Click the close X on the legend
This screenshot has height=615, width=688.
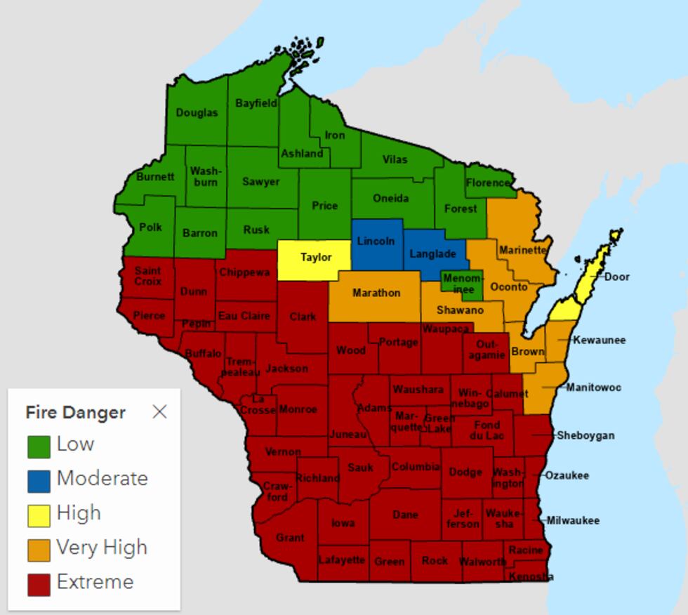[x=160, y=411]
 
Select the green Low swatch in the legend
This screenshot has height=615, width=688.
[x=39, y=446]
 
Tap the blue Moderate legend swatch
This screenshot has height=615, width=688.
[x=39, y=480]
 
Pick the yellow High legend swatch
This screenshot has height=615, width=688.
[x=39, y=515]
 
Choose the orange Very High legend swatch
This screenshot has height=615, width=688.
[x=39, y=549]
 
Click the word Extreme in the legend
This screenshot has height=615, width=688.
[x=95, y=582]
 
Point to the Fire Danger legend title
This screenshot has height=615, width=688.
[x=75, y=412]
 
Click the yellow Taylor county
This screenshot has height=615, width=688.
[x=315, y=258]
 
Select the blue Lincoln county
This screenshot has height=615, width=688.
[x=376, y=242]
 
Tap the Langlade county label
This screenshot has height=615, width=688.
[x=432, y=254]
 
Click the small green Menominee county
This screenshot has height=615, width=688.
[x=463, y=284]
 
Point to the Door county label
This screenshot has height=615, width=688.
[x=617, y=277]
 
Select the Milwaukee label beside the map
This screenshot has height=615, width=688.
[x=573, y=521]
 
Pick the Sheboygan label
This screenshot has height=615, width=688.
[x=586, y=435]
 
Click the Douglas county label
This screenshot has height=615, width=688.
[x=197, y=112]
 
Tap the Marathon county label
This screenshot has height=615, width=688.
[x=376, y=293]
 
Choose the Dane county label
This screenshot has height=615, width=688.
[x=405, y=515]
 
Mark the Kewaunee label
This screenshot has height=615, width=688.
[x=599, y=340]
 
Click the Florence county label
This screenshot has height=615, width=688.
[x=488, y=183]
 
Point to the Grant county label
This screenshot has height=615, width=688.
[x=290, y=538]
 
